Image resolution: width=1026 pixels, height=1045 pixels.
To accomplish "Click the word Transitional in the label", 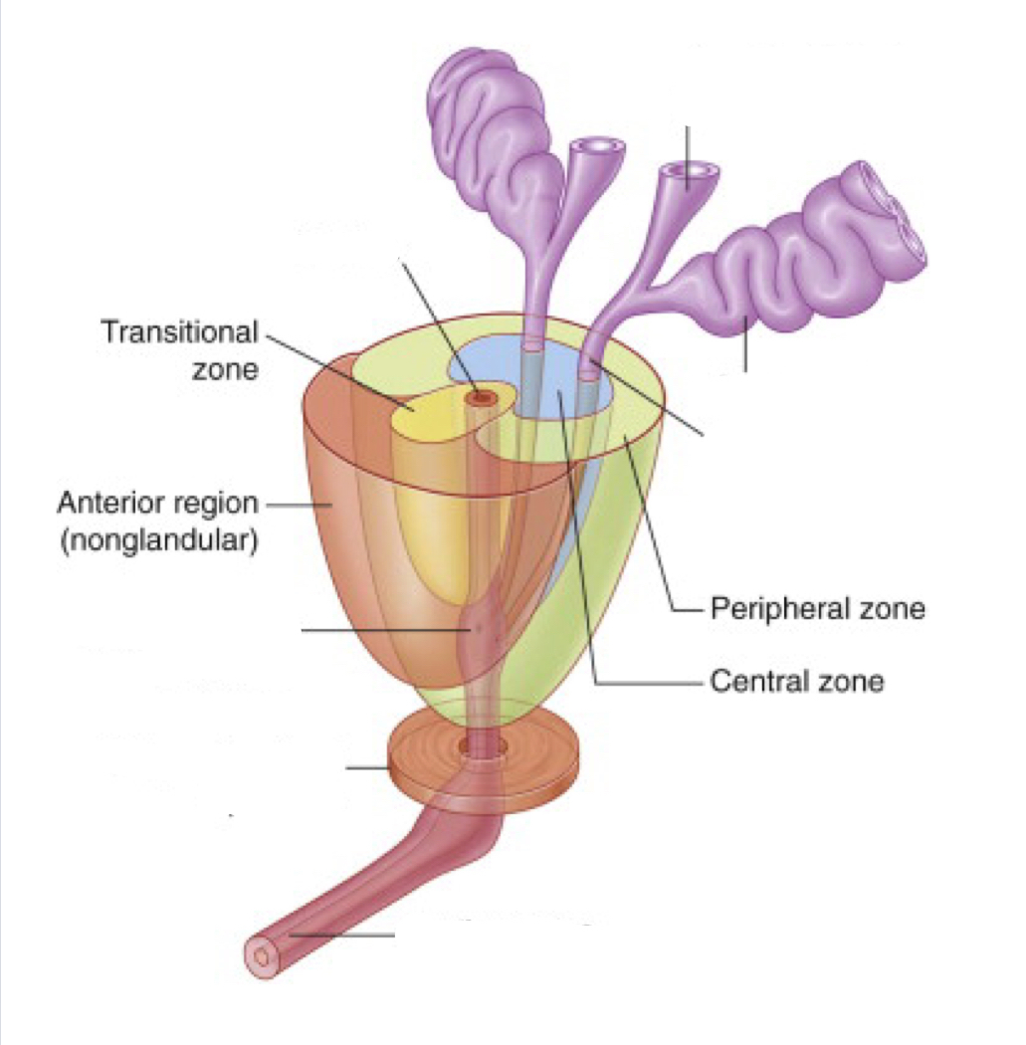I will click(179, 332).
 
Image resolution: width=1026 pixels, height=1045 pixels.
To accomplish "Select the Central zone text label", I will click(796, 682).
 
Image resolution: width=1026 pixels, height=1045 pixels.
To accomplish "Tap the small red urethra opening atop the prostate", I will click(484, 397).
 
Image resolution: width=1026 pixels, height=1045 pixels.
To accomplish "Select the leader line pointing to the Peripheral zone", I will click(657, 557).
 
